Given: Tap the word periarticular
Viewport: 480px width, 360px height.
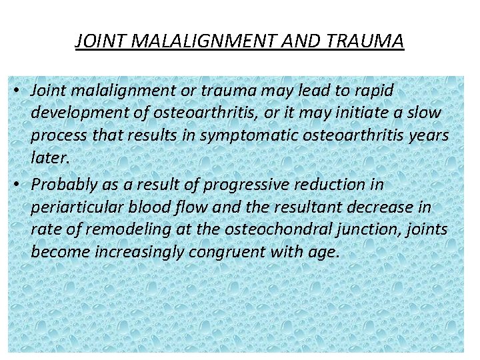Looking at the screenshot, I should click(73, 207).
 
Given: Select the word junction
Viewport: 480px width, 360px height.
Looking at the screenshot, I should click(376, 230).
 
